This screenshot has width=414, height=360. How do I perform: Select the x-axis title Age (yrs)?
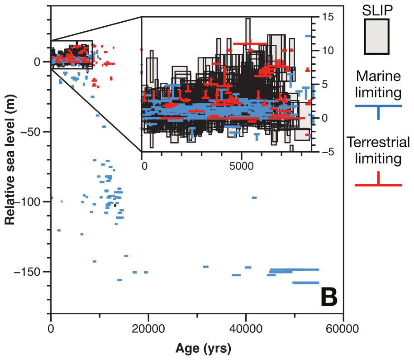(203, 349)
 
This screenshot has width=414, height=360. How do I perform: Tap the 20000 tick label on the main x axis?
(148, 327)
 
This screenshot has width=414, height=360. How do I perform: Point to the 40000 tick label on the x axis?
(246, 327)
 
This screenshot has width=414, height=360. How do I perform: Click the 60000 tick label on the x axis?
(343, 327)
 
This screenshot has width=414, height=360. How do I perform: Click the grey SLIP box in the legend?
(377, 37)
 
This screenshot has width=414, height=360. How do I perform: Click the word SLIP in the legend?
(378, 10)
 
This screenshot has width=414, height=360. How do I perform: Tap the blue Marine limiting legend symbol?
(378, 109)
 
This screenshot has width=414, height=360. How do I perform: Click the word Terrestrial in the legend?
(378, 143)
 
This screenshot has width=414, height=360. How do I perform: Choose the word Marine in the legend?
(378, 76)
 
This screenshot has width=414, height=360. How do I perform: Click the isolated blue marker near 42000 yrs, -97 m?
(254, 197)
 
